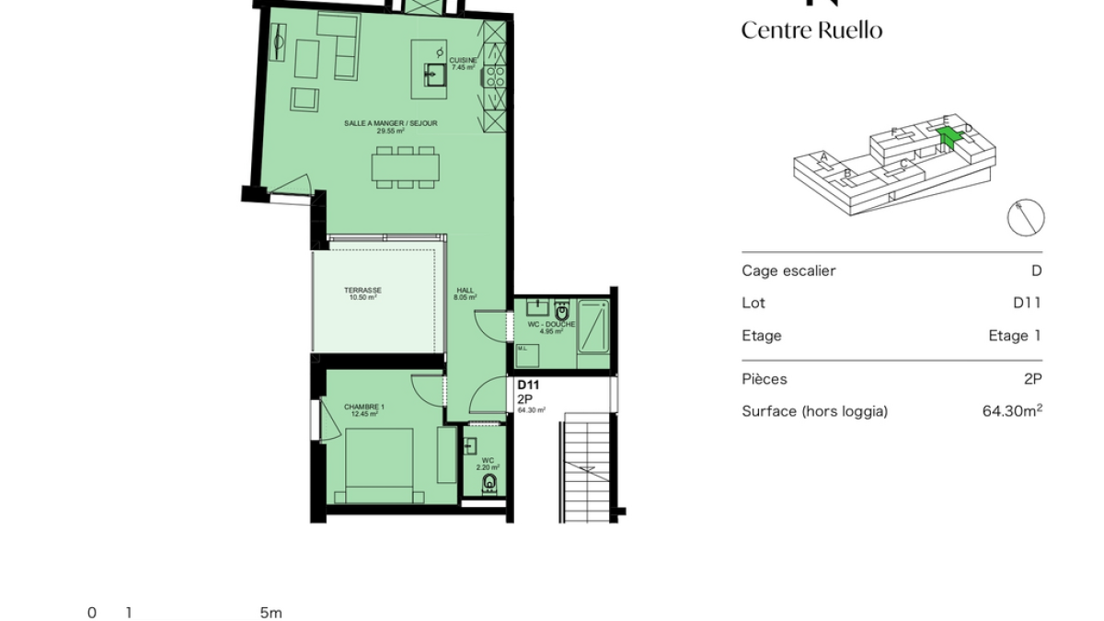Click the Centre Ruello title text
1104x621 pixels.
[811, 30]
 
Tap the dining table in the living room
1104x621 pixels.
[406, 167]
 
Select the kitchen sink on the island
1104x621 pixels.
[435, 74]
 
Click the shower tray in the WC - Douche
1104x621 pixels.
[592, 327]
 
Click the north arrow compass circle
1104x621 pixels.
[1025, 217]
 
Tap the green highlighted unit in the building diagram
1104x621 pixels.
[949, 137]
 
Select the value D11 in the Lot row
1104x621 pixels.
[1027, 303]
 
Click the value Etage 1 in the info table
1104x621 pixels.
[1015, 336]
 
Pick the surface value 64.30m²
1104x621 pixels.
[1012, 411]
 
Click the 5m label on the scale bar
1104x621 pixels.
[270, 613]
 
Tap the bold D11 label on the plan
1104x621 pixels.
[527, 385]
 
